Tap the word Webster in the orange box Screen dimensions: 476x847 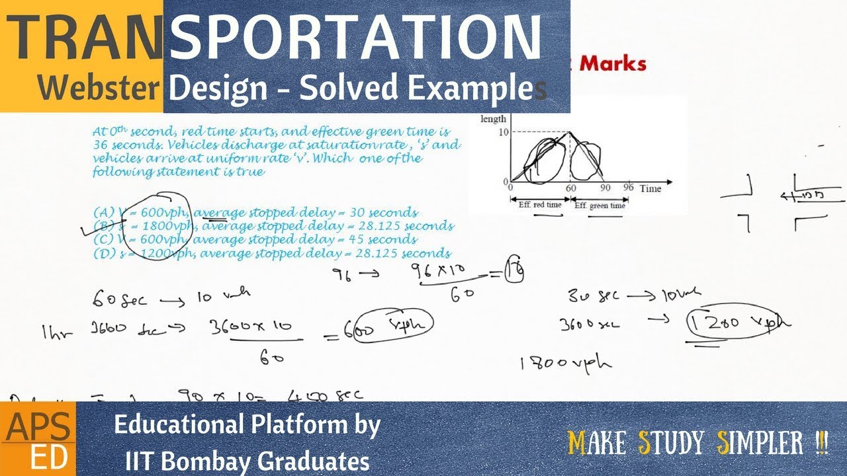coord(98,88)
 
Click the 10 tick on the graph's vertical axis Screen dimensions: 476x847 coord(504,132)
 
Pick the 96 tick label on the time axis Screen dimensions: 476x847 coord(628,188)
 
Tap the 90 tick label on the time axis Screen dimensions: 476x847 coord(603,188)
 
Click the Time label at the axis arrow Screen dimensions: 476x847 coord(650,188)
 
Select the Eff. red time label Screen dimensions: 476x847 coord(539,205)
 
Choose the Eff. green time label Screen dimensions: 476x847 coord(600,206)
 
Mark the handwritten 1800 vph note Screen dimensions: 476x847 coord(566,362)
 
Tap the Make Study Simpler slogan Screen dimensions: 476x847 coord(698,443)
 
